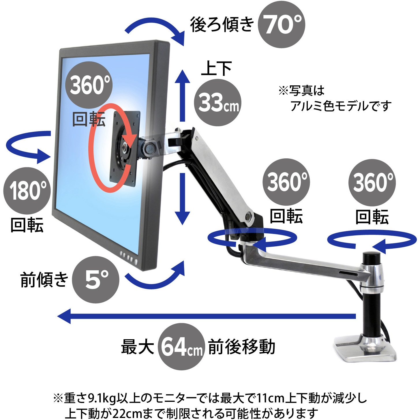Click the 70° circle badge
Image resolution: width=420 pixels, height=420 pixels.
tap(281, 25)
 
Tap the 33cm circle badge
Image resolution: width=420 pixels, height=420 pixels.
tap(217, 102)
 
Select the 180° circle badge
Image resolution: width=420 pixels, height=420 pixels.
tap(27, 191)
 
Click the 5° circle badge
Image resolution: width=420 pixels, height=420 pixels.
tap(96, 280)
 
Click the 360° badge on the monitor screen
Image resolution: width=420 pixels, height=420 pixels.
tap(89, 85)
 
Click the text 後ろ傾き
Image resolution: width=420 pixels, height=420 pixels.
tap(222, 25)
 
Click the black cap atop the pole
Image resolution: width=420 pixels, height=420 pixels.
tap(372, 257)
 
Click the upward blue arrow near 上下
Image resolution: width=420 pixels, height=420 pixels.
tap(183, 95)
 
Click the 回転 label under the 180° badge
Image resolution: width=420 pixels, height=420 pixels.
tap(27, 225)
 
